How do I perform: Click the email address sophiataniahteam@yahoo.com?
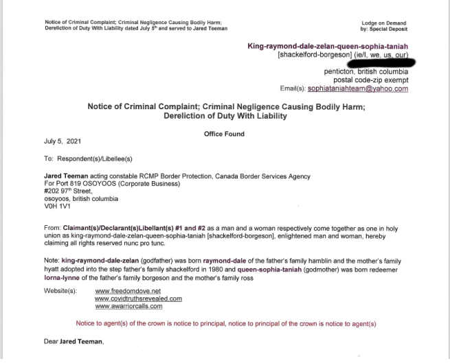(x=357, y=89)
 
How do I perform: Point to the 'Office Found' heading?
(x=224, y=134)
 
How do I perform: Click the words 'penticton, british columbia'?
(x=366, y=72)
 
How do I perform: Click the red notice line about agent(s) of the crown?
(x=226, y=323)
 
